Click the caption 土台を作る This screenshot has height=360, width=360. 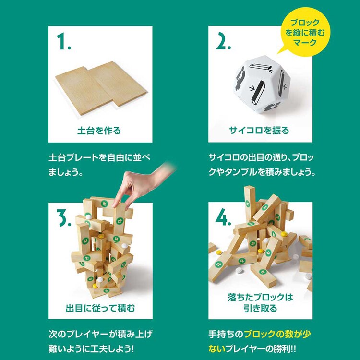coord(99,130)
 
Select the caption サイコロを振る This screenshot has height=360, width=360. coord(259,130)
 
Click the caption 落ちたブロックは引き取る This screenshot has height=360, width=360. coord(260,303)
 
